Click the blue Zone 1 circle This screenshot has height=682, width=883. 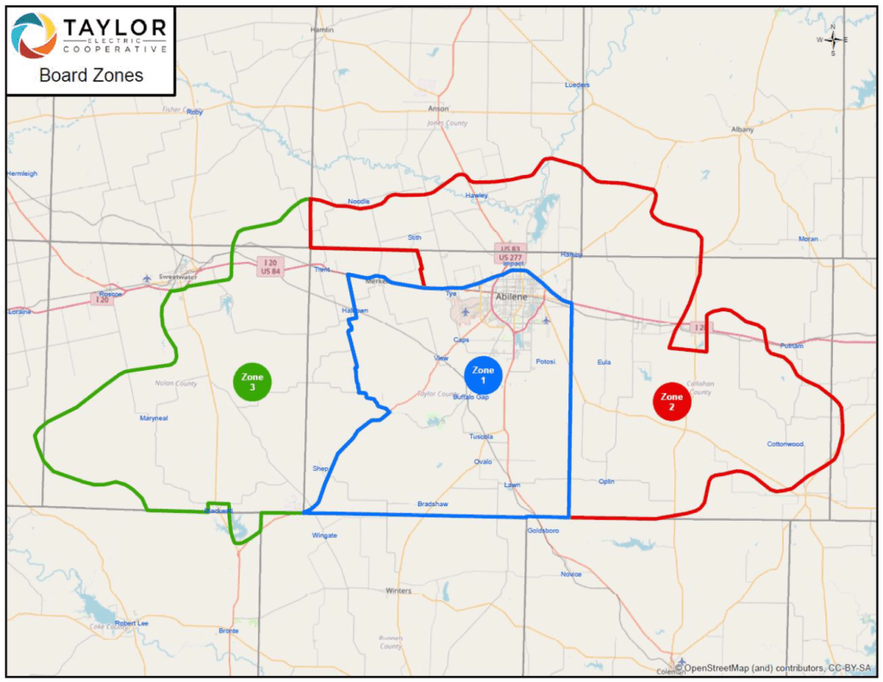click(483, 374)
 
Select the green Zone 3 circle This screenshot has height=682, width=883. click(252, 382)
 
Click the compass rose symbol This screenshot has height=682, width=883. click(833, 41)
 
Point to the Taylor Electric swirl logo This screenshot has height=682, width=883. click(34, 35)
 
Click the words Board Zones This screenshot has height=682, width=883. click(91, 75)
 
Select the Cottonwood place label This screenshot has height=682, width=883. click(785, 444)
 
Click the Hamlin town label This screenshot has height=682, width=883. click(322, 29)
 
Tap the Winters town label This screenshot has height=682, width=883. click(398, 591)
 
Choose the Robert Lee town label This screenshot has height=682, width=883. click(132, 623)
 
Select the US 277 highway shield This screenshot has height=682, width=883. click(510, 258)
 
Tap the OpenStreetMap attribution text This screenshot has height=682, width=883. click(773, 666)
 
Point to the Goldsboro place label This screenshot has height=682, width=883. click(543, 531)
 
